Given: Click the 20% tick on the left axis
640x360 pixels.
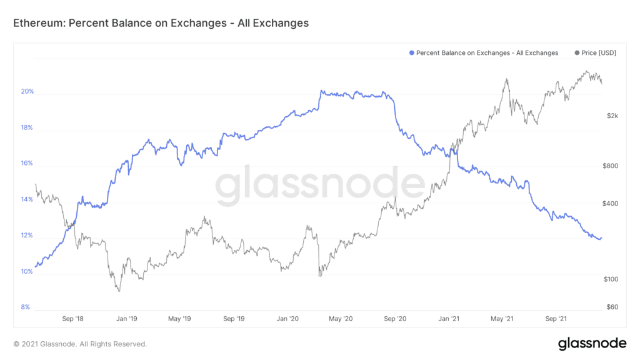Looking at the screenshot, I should [27, 92].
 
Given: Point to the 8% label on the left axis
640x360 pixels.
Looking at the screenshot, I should [26, 307].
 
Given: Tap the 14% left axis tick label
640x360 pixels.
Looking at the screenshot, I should [27, 200].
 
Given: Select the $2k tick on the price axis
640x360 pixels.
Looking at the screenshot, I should [612, 116].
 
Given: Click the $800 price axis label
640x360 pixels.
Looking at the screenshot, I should [611, 166].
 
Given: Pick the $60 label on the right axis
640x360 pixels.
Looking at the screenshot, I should [612, 307].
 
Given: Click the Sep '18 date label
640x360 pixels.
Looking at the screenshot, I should [73, 319].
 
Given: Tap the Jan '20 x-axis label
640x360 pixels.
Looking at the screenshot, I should [287, 319].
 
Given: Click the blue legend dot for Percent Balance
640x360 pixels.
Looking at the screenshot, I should [411, 53].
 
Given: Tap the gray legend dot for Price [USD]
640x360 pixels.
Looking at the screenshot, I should [576, 53].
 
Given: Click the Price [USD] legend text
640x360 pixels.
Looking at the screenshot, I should [599, 53].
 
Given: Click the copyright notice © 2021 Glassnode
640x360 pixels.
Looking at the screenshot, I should [80, 344].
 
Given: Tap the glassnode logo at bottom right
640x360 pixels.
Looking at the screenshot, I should [591, 343].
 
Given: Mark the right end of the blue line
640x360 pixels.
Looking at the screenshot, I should [601, 238].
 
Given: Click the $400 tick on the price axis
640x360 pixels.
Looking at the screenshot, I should [611, 204].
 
